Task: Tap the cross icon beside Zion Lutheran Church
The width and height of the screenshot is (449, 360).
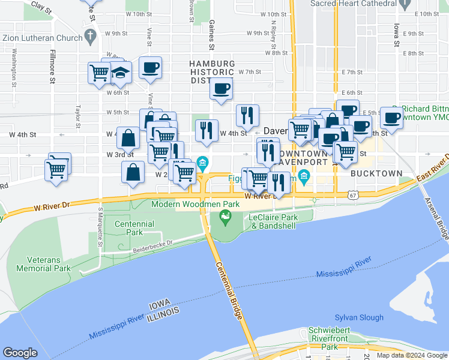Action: coord(90,37)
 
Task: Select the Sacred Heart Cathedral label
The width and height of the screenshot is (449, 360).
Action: coord(353,4)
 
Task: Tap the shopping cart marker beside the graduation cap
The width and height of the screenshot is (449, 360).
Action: coord(99,73)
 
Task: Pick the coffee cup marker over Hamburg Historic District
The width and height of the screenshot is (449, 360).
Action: coord(221,89)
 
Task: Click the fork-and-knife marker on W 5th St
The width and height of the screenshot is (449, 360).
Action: coord(247,115)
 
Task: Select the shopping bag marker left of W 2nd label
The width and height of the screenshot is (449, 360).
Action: coord(133,173)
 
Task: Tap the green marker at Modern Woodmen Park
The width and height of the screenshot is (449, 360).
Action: coord(226,221)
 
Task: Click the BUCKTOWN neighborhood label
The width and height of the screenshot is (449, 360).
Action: coord(376,173)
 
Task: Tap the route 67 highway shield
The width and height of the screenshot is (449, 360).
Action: coord(351,194)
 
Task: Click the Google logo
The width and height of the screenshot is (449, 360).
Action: coord(20,353)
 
